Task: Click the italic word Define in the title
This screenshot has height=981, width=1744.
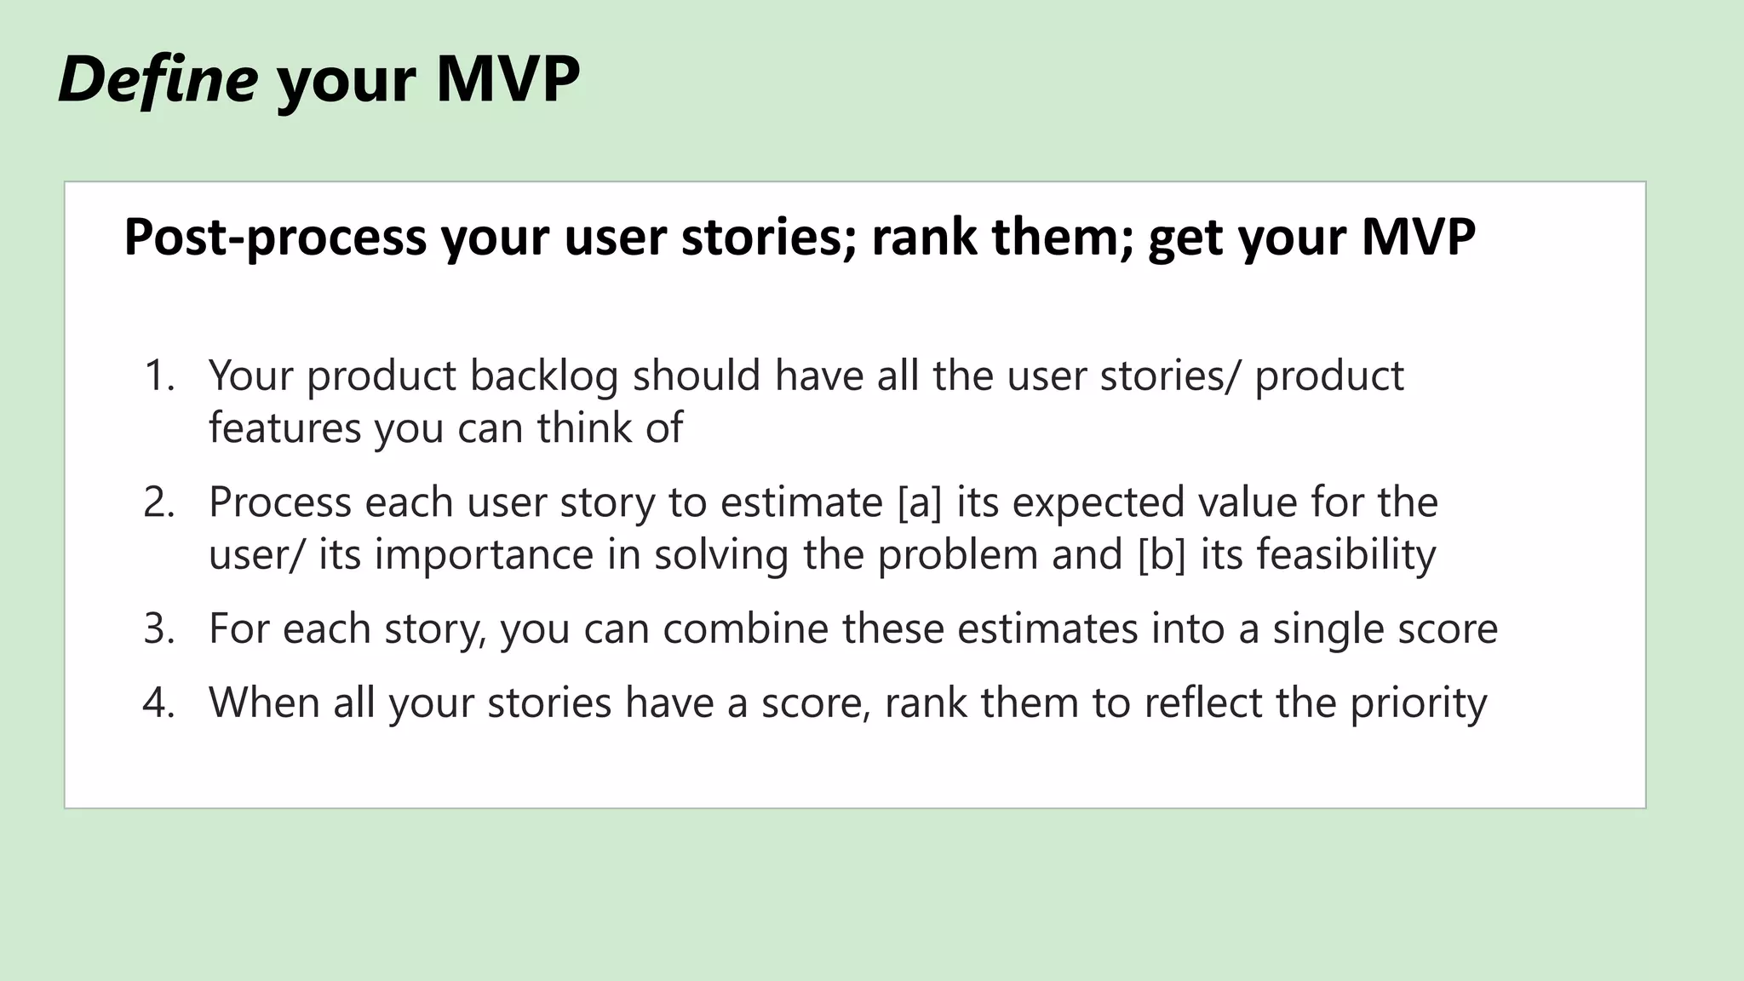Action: [x=158, y=80]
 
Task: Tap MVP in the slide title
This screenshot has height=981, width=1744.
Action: [x=508, y=80]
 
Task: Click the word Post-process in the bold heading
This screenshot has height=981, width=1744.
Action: [x=274, y=238]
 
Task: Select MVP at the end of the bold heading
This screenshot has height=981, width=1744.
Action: [x=1418, y=238]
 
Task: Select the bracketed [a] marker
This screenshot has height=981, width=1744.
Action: [x=920, y=502]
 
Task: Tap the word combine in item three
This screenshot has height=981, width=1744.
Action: [x=746, y=629]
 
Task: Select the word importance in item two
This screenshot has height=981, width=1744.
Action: [x=484, y=555]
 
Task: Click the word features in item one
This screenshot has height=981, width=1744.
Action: [x=284, y=428]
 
